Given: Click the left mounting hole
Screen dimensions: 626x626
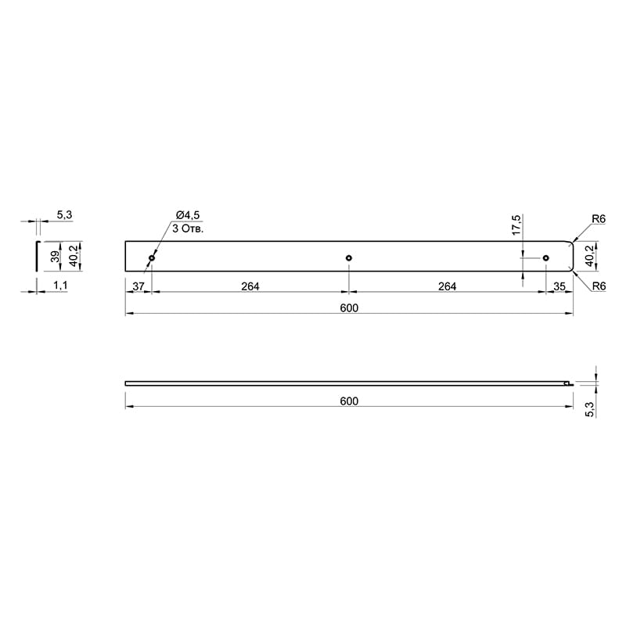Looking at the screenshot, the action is click(x=152, y=258).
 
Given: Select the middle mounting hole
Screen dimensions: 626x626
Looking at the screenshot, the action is click(x=349, y=258).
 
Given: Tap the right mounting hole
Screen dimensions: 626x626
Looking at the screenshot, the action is click(x=546, y=258).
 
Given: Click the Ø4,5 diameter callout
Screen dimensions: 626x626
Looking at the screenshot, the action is click(x=187, y=215).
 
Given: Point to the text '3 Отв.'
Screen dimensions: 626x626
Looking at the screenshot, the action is click(x=188, y=228).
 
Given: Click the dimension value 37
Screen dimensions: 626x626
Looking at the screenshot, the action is click(x=139, y=286).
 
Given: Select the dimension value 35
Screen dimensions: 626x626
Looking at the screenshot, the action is click(x=559, y=286).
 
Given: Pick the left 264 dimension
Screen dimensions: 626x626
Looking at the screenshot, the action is click(x=250, y=286).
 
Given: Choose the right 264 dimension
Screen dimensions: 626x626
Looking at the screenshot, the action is click(x=447, y=286).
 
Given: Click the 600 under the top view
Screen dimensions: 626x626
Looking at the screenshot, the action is click(x=349, y=308).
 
